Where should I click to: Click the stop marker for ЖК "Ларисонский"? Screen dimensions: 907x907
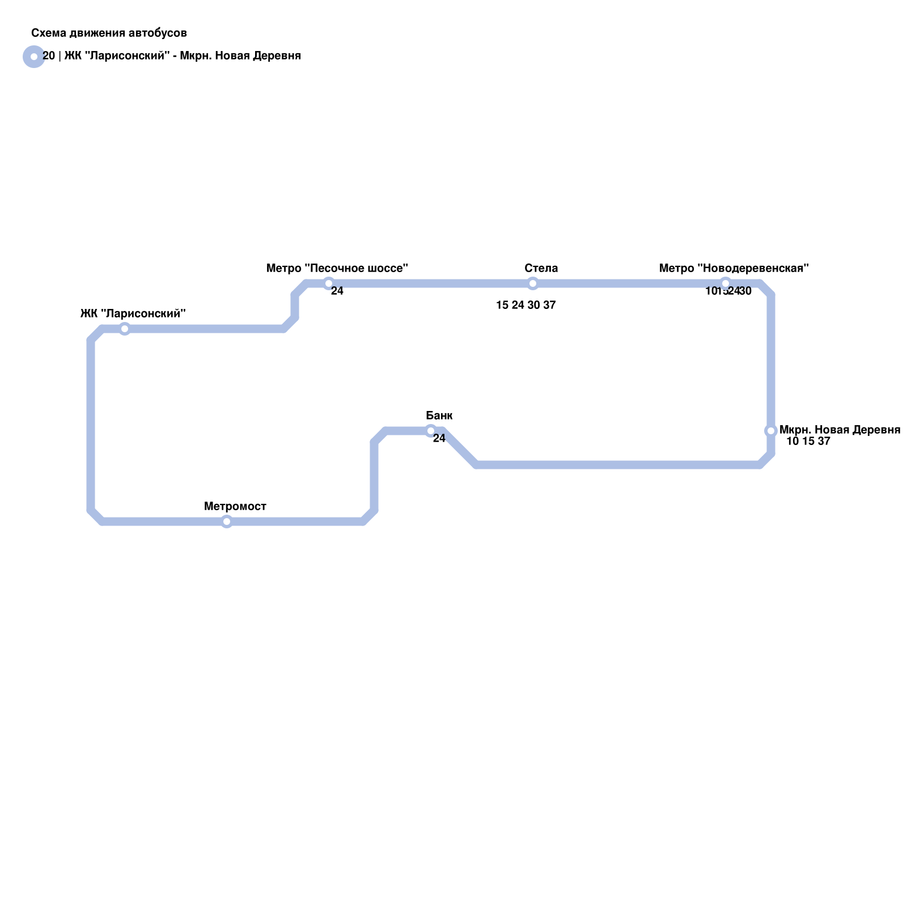point(125,329)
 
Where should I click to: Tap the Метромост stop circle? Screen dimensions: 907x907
point(227,522)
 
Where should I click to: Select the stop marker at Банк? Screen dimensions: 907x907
point(431,431)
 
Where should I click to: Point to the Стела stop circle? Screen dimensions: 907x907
point(533,283)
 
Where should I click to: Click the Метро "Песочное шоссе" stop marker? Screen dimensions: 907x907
point(329,283)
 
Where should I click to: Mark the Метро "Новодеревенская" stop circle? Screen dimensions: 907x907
point(726,283)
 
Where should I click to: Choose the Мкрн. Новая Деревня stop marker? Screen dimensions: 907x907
point(771,431)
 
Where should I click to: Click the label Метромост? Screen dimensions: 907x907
point(235,506)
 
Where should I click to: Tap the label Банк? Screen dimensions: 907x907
point(439,416)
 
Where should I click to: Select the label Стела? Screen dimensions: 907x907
point(541,268)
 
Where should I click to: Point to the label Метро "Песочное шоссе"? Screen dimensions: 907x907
point(337,268)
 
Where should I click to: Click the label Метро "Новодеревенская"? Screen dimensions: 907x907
point(734,268)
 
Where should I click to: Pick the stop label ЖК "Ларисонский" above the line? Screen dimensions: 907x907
point(133,313)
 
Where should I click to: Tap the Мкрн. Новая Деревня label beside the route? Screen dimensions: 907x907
point(840,430)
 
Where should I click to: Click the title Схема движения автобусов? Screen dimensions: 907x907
point(109,33)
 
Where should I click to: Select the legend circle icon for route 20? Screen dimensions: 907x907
point(34,57)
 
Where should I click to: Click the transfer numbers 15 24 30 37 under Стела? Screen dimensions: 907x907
point(526,305)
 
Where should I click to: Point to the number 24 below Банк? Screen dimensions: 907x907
point(439,438)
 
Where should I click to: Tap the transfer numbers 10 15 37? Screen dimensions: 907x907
point(808,441)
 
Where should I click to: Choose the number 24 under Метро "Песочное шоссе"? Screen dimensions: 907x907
point(337,291)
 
